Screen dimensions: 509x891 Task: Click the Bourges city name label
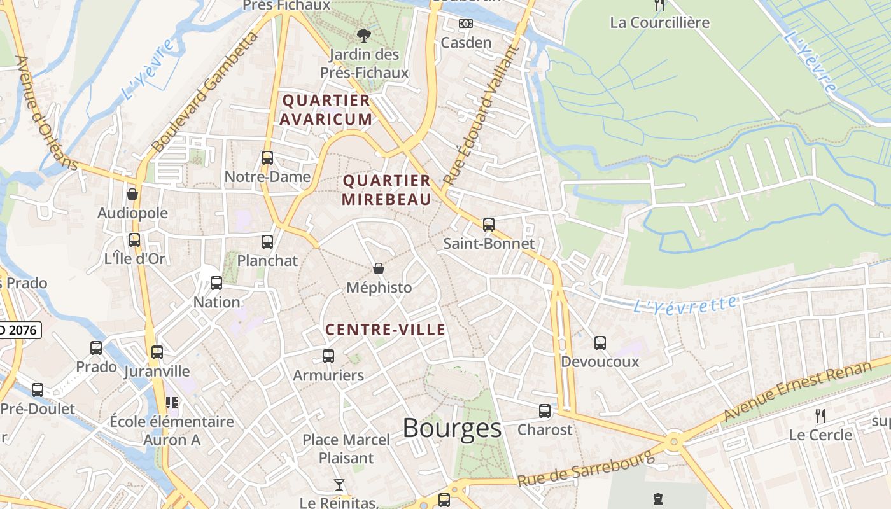452,428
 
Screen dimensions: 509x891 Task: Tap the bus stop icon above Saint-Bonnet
488,224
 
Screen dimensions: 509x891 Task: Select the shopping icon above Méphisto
379,268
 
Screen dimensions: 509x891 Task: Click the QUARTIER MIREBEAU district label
386,190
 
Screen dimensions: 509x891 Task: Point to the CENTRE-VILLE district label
386,330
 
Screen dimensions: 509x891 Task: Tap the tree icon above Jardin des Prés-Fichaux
364,35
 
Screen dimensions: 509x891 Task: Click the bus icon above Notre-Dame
267,157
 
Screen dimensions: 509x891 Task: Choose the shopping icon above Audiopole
132,193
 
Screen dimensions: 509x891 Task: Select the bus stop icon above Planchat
267,241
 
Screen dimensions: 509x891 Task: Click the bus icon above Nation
216,282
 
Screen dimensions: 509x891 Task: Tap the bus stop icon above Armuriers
328,356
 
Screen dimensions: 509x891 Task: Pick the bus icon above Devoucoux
600,342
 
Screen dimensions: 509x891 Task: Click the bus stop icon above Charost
545,410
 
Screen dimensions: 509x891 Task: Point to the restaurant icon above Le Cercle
820,416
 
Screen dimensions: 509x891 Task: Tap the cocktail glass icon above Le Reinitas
339,485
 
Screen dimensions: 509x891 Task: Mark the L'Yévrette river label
685,304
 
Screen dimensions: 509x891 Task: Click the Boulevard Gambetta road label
205,93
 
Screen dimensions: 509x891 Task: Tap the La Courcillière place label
659,23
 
